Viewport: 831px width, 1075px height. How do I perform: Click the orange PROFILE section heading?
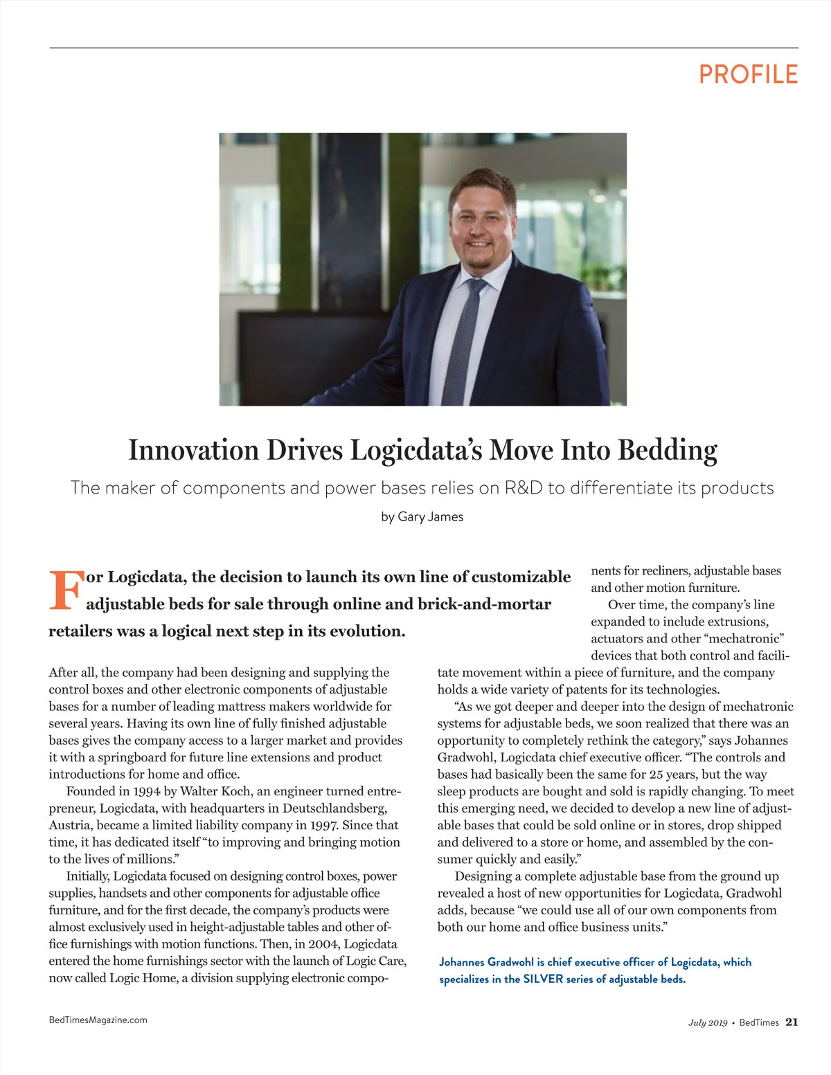[x=748, y=74]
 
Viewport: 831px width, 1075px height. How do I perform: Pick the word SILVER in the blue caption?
[x=544, y=979]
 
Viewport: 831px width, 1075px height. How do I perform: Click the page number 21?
[x=792, y=1022]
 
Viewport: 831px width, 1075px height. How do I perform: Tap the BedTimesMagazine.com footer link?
[x=98, y=1020]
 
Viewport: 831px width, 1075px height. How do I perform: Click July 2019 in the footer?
[x=707, y=1022]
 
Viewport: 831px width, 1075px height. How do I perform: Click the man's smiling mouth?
[x=479, y=244]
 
